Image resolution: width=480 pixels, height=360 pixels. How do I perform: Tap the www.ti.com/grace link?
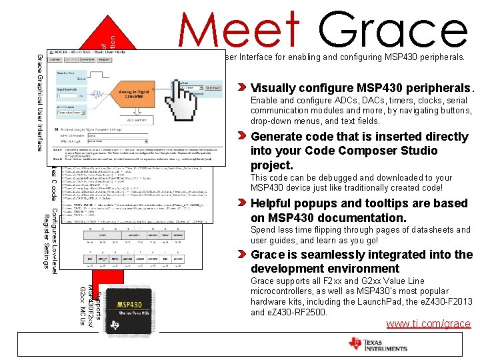[428, 324]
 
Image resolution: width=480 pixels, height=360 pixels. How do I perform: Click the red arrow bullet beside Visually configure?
[244, 88]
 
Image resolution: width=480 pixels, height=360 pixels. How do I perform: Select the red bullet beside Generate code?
[244, 137]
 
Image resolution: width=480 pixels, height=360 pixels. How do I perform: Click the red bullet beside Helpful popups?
[244, 203]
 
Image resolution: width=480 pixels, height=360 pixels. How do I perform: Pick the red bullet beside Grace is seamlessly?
[244, 255]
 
